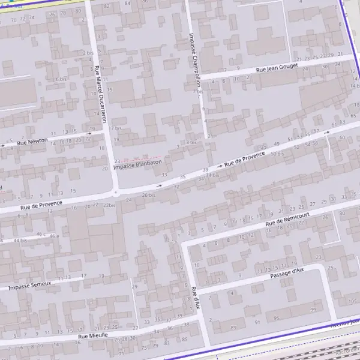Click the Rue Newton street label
32,142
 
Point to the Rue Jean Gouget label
277,69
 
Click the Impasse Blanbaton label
138,163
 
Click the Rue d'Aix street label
196,298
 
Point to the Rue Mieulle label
92,337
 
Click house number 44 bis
20,240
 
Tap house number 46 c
41,234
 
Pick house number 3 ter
191,142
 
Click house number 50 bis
277,154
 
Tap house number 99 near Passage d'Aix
313,310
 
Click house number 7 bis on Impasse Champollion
199,92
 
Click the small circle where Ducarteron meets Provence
115,193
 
